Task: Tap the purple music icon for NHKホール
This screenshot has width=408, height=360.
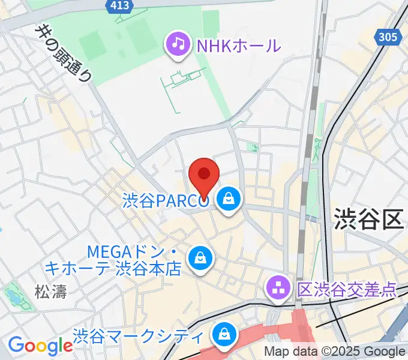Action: click(178, 44)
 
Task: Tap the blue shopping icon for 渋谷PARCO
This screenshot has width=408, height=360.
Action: click(228, 199)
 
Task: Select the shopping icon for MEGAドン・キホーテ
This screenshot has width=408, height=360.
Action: click(198, 259)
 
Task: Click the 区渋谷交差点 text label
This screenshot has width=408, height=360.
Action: click(347, 290)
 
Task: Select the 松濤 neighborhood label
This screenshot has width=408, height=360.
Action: click(50, 292)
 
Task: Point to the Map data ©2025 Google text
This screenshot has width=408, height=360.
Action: click(335, 352)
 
